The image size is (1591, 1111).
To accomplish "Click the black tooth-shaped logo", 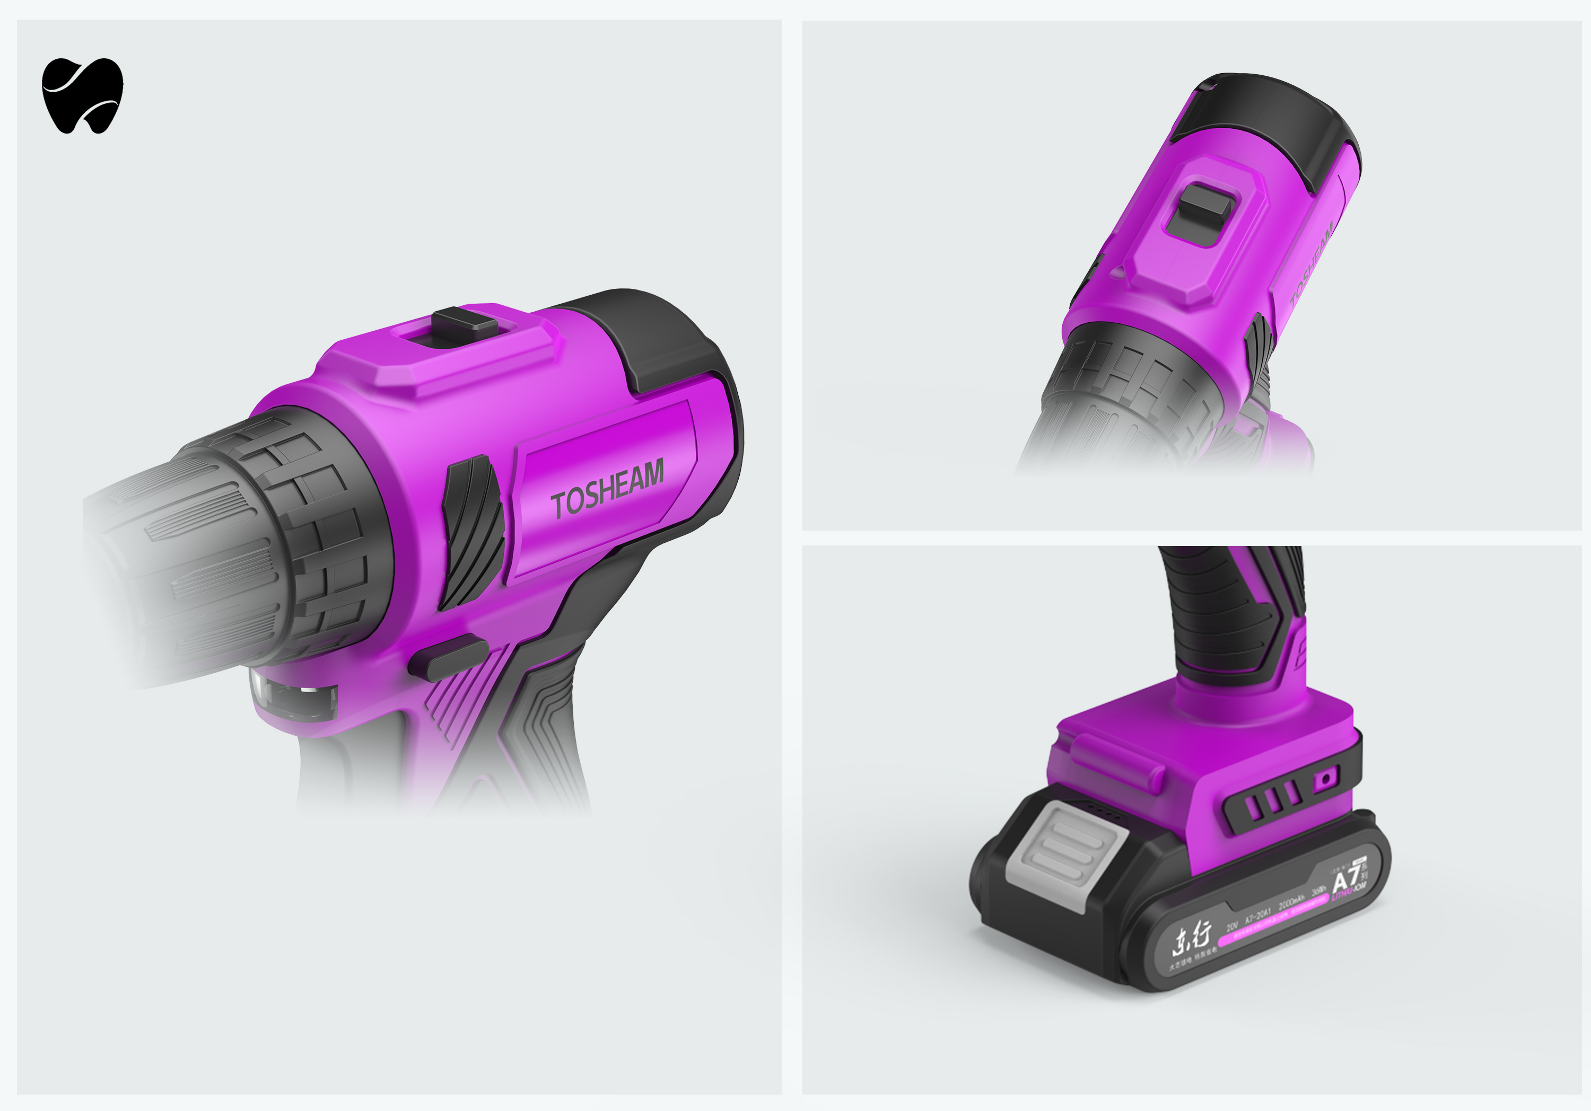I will coord(82,95).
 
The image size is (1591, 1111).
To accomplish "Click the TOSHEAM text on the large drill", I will coord(607,489).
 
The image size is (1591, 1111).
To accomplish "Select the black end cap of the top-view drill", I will coord(1268,118).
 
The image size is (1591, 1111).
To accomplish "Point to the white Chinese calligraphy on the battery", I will coord(1191,939).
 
